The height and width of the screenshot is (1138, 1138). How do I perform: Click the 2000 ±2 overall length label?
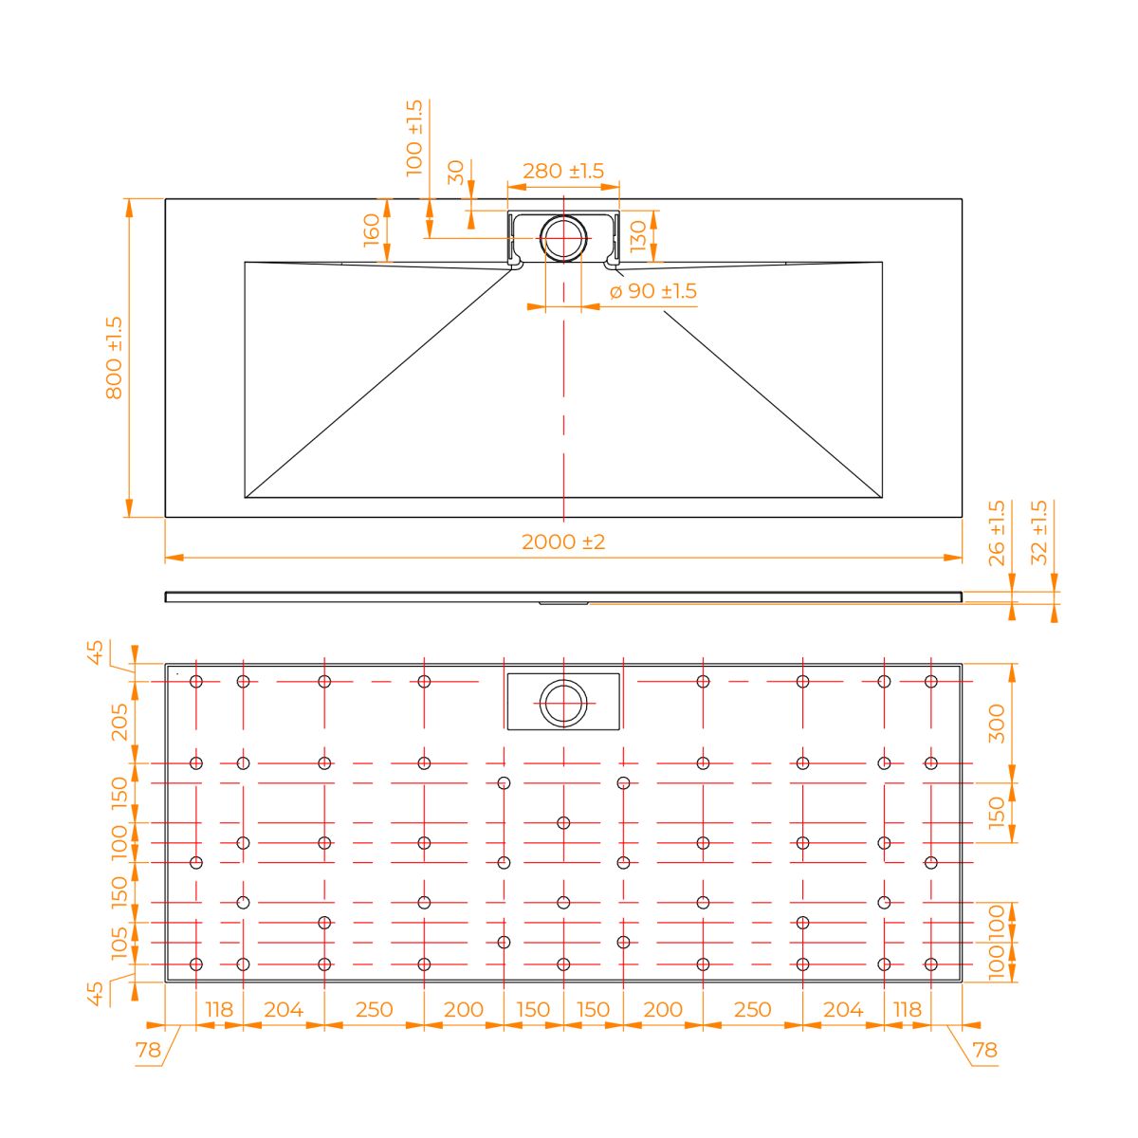click(562, 541)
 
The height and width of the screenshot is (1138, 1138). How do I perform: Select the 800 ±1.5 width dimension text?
click(114, 358)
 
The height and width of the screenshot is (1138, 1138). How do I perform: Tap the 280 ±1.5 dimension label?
click(562, 171)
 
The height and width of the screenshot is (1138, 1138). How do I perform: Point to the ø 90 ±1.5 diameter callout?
click(652, 291)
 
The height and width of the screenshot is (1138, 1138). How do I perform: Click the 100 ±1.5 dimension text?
click(414, 138)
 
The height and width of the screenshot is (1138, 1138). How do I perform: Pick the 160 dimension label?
click(371, 229)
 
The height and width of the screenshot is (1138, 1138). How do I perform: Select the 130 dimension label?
click(638, 236)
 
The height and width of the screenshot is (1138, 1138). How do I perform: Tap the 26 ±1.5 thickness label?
click(996, 533)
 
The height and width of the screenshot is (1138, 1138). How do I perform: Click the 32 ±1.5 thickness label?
click(1038, 532)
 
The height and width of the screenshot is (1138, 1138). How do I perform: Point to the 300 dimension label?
click(997, 724)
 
